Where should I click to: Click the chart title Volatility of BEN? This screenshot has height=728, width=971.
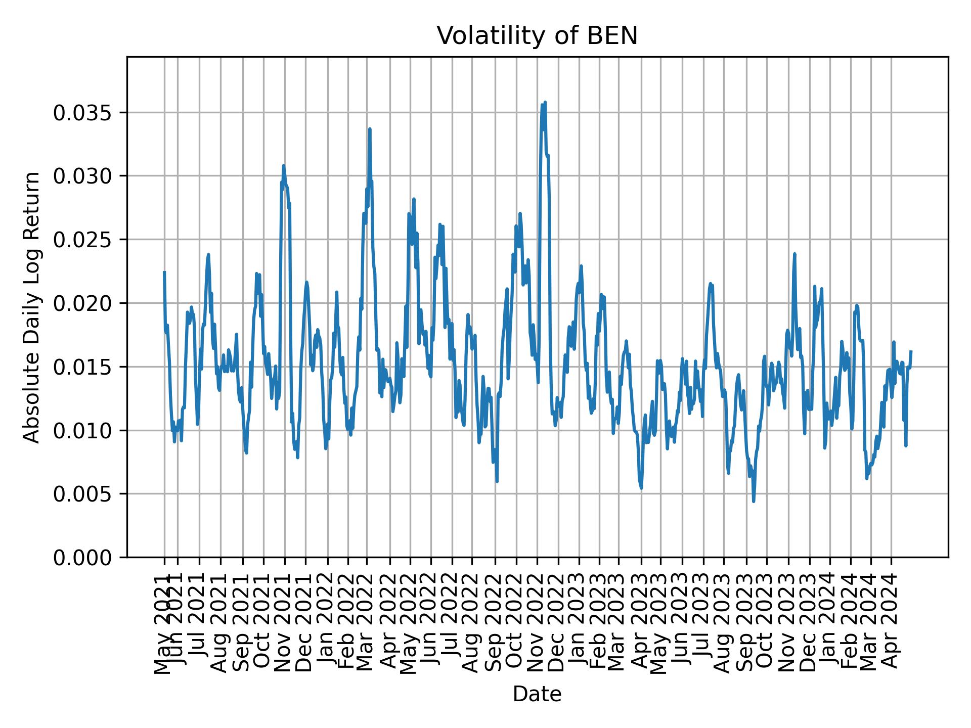[x=537, y=36]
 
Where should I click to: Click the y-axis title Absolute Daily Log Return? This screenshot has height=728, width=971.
[x=32, y=307]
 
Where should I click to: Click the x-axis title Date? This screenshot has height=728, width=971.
[x=537, y=694]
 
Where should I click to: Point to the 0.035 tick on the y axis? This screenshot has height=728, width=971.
[x=82, y=113]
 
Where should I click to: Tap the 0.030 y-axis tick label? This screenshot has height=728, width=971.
[x=82, y=176]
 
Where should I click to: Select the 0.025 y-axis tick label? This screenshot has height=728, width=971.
[x=82, y=240]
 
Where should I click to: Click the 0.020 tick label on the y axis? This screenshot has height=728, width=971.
[x=82, y=303]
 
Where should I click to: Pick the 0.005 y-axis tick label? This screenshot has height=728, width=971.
[x=82, y=494]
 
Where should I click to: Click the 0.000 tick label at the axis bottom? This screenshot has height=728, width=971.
[x=82, y=557]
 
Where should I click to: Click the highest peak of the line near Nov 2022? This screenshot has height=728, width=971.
[x=545, y=102]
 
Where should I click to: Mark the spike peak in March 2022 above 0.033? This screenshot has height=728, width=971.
[x=370, y=129]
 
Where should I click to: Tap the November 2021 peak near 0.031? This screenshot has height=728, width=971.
[x=284, y=165]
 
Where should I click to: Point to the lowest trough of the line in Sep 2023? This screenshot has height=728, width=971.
[x=754, y=502]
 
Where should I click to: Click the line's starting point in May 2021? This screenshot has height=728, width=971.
[x=164, y=272]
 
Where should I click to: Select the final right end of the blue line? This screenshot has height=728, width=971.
[x=911, y=351]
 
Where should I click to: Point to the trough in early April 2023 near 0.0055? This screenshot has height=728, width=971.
[x=641, y=488]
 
